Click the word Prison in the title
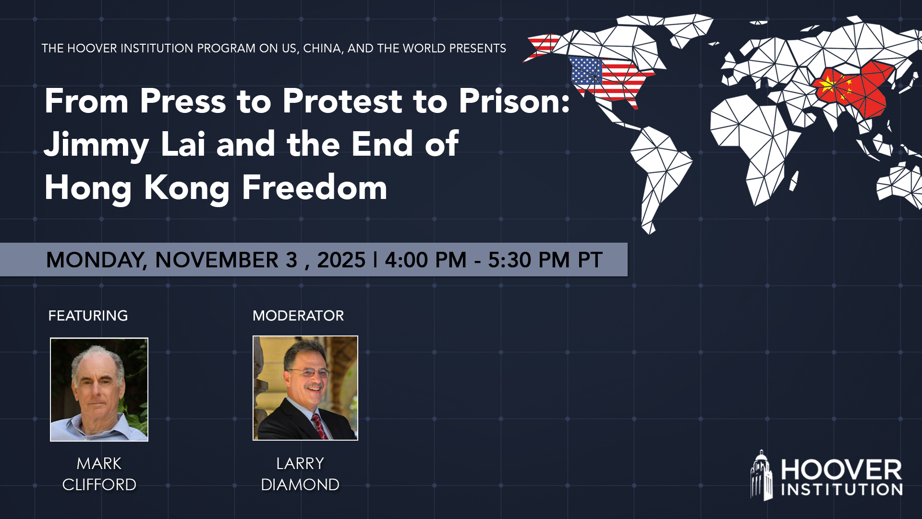[x=513, y=101]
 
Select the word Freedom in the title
[x=315, y=187]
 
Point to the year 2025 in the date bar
[x=341, y=260]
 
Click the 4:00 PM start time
[x=425, y=260]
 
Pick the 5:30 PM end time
[x=529, y=260]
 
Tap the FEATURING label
[x=88, y=316]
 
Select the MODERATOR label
[x=298, y=316]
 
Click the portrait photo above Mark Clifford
[x=99, y=389]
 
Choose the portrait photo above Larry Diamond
[x=305, y=388]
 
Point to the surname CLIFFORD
[x=99, y=484]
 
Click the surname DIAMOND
[x=300, y=484]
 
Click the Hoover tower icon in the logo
[x=762, y=475]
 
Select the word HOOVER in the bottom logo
[x=841, y=470]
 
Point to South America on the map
[x=660, y=168]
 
